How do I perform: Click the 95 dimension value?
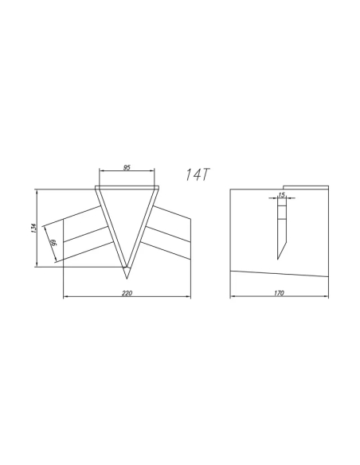(x=127, y=168)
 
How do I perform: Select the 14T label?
(x=198, y=174)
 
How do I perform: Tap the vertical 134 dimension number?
(x=33, y=228)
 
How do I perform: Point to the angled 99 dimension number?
(x=53, y=243)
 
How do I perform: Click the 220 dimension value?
(x=127, y=293)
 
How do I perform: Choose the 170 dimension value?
(x=279, y=293)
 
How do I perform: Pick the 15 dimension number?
(x=282, y=195)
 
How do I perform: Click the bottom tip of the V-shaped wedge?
(x=127, y=279)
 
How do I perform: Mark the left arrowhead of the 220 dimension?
(x=65, y=296)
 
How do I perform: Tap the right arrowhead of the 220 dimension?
(x=188, y=296)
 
